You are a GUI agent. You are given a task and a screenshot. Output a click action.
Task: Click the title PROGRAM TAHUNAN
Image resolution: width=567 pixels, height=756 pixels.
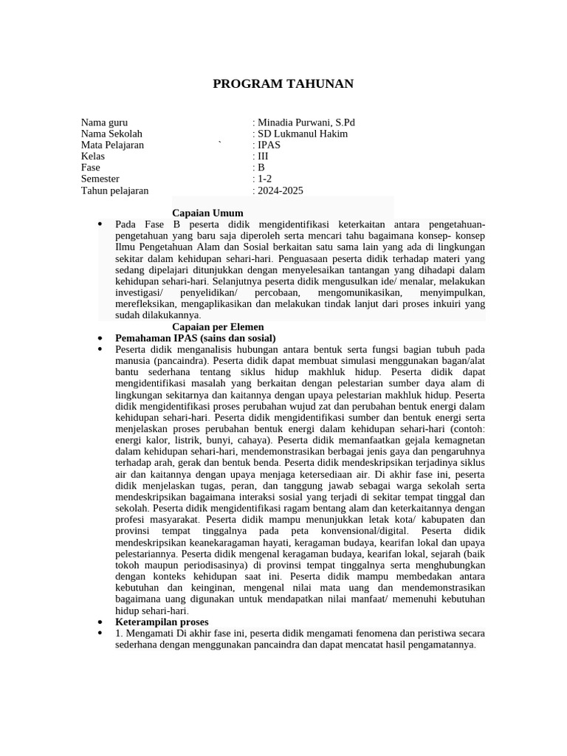click(x=283, y=83)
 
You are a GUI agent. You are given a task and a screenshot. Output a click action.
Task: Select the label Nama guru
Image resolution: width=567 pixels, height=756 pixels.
click(x=104, y=123)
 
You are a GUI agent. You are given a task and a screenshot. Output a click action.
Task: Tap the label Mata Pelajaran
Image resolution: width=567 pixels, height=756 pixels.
click(x=112, y=145)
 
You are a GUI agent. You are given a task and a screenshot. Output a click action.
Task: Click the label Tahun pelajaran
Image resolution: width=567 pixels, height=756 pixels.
click(x=114, y=190)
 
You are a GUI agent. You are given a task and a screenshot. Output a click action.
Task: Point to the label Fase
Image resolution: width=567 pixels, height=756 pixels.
click(x=90, y=168)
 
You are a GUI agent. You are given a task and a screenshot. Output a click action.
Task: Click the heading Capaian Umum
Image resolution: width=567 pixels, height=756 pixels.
click(x=207, y=213)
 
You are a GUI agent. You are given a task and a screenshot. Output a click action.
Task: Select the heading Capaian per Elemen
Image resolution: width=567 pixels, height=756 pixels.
click(x=218, y=326)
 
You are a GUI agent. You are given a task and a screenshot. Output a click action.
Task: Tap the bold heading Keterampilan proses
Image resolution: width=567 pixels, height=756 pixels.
click(x=162, y=622)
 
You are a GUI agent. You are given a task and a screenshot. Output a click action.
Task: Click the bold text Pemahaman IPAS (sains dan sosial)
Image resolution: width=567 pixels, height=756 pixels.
click(x=195, y=338)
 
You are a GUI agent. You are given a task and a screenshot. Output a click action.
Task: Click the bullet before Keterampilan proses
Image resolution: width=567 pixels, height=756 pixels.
click(x=100, y=622)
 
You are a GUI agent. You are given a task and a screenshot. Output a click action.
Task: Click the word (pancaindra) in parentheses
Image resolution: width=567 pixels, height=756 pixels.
click(x=180, y=360)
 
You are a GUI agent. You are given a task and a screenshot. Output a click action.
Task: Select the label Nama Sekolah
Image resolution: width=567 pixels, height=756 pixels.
click(x=111, y=134)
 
